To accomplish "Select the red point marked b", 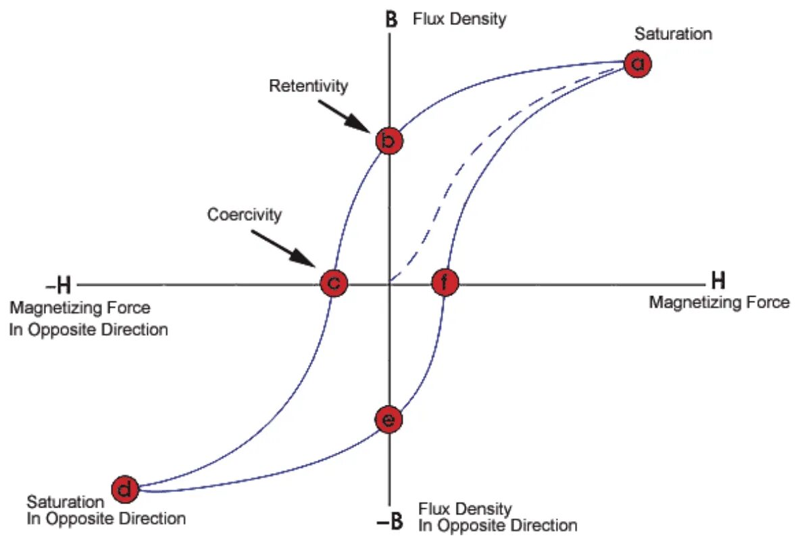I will tap(388, 141).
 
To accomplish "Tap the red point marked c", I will tap(333, 282).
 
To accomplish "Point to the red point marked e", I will tap(388, 420).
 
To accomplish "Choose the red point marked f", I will tap(445, 282).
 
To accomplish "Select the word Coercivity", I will tap(244, 215).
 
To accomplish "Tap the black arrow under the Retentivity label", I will tap(343, 115).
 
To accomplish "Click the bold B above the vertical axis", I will tap(391, 19).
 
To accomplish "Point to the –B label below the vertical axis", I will tap(390, 520).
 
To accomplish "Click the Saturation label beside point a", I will tap(673, 34).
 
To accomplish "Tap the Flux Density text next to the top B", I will tap(459, 19).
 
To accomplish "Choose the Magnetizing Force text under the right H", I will tap(719, 302).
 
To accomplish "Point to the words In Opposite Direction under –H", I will tap(89, 330).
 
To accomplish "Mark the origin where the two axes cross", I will tap(390, 284).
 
